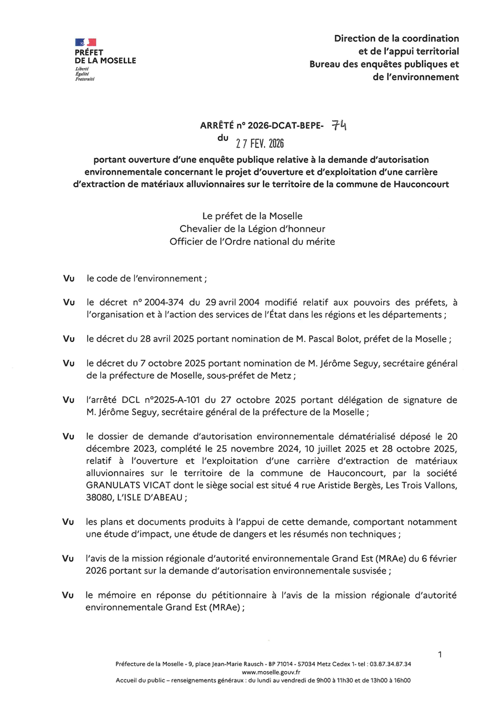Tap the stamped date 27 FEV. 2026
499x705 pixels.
point(259,144)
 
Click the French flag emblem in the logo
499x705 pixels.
point(86,43)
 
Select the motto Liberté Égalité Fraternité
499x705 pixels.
point(85,74)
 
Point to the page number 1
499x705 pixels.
point(440,655)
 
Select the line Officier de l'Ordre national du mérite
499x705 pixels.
point(252,242)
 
